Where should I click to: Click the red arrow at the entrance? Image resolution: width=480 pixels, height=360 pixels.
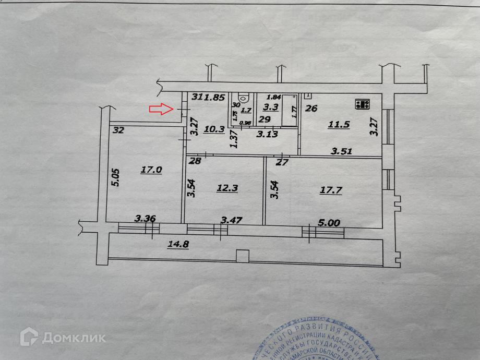(160, 109)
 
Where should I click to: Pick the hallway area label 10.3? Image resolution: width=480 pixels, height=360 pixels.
(214, 129)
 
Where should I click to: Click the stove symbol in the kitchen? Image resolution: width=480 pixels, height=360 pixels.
(362, 104)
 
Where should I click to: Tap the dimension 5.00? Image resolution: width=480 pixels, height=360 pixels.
(330, 223)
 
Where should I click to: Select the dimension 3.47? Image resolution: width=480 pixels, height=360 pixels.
(232, 221)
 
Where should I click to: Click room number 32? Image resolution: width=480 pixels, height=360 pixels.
(118, 131)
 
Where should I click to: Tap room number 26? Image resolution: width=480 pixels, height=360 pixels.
(311, 109)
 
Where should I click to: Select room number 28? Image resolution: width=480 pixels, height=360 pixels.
(195, 161)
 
